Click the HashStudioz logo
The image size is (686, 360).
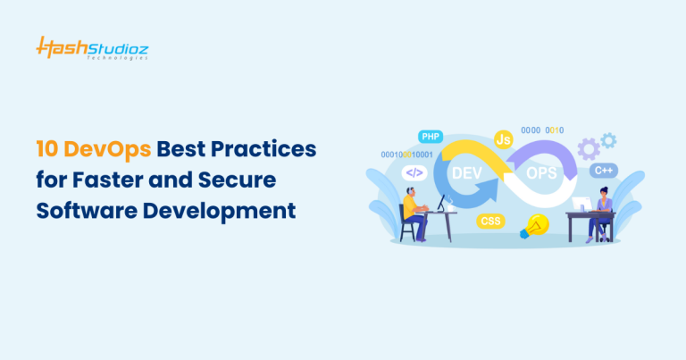tap(92, 47)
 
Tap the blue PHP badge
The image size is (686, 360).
tap(431, 137)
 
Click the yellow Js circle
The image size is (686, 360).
tap(503, 140)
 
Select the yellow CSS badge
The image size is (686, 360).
tap(490, 221)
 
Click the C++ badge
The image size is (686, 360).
tap(603, 170)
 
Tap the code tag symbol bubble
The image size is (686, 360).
tap(414, 172)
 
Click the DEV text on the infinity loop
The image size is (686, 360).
tap(469, 172)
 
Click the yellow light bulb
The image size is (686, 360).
tap(536, 225)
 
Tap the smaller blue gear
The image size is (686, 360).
tap(608, 139)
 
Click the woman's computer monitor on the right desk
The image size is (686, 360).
tap(581, 205)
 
